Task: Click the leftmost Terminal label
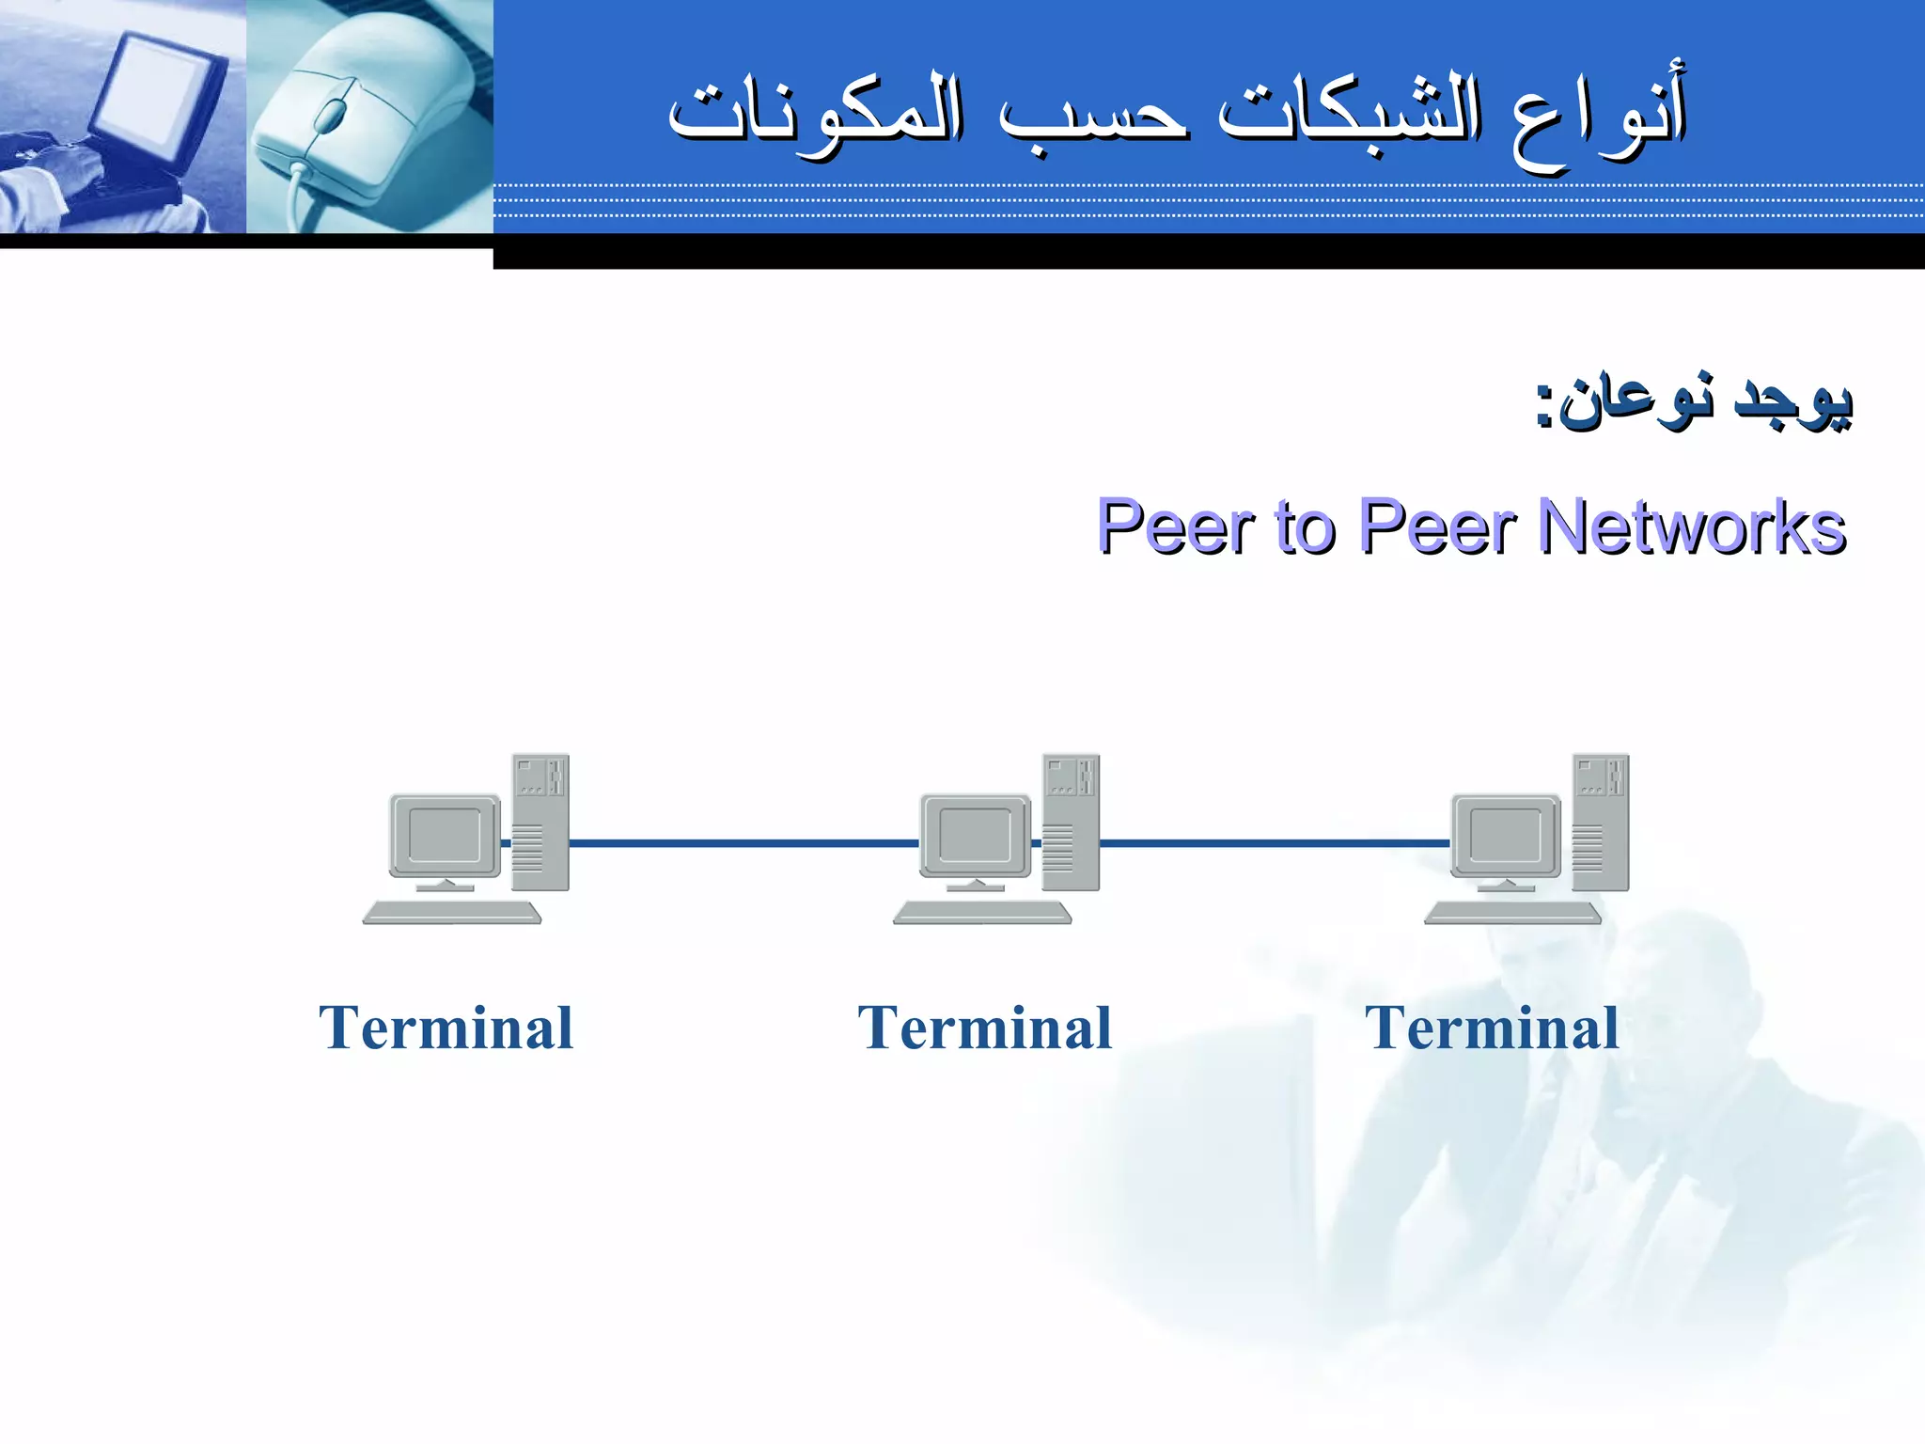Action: [446, 1028]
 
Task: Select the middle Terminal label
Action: [984, 1028]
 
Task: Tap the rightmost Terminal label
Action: [1492, 1028]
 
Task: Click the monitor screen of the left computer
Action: [444, 835]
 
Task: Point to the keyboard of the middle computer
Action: [981, 912]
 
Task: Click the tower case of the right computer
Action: [1601, 823]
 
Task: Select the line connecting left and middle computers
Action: [743, 843]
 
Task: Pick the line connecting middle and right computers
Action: [1274, 843]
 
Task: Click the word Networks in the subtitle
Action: [1692, 526]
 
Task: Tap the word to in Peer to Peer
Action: [1305, 526]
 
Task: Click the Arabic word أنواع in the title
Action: [1598, 118]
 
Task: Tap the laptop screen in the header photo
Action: [155, 94]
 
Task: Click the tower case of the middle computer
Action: [1071, 823]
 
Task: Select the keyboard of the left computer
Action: [451, 912]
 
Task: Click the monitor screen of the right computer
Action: [1505, 835]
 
